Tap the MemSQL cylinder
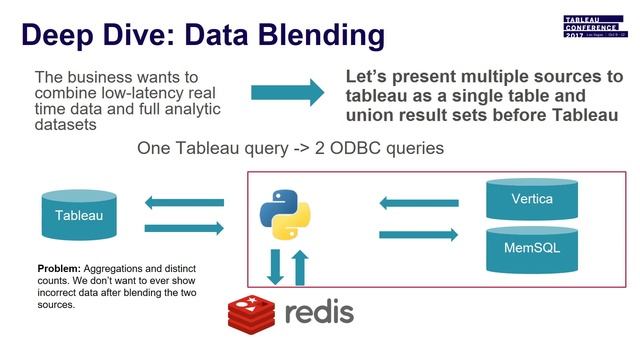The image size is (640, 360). [x=531, y=246]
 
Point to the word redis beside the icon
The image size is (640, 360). [x=319, y=313]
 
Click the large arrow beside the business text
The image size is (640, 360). [x=287, y=92]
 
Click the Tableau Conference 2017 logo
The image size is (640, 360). [x=592, y=27]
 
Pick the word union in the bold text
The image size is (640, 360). [x=370, y=115]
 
